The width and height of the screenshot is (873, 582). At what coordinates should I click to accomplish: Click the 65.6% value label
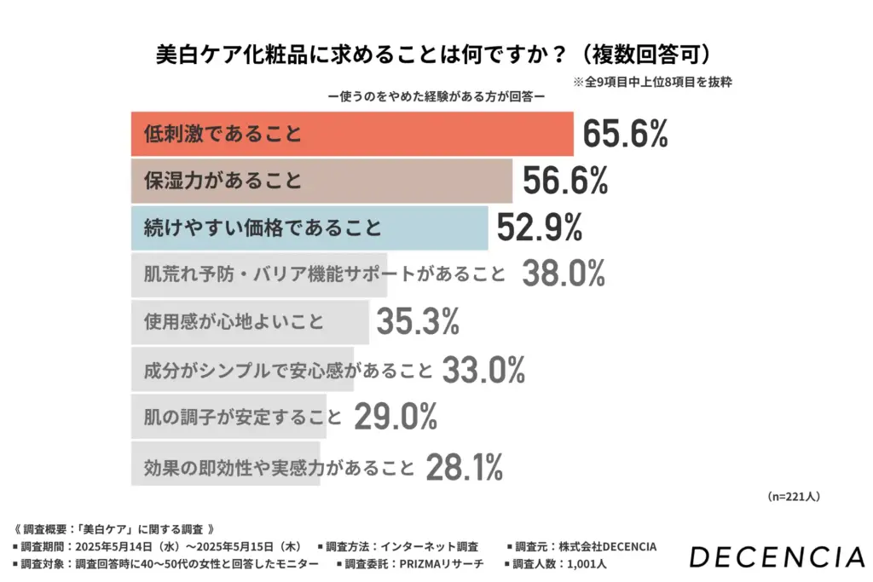(x=626, y=134)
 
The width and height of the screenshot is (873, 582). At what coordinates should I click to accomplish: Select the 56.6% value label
(x=564, y=181)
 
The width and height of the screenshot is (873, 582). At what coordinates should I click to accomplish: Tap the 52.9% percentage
(x=540, y=228)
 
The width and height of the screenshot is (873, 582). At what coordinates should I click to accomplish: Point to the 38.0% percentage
(x=564, y=274)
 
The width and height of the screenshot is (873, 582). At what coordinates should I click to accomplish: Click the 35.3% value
(x=418, y=322)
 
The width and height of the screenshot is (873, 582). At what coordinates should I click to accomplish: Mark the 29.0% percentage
(x=395, y=417)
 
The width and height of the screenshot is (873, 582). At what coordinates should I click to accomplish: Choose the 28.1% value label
(x=464, y=465)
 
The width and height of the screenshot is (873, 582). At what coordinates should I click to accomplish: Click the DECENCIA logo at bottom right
(x=776, y=557)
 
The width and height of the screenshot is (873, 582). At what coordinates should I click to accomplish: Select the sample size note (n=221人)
(x=793, y=496)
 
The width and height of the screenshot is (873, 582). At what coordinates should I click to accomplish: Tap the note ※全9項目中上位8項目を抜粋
(x=652, y=83)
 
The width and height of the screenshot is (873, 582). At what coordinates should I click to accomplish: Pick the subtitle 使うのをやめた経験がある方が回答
(x=436, y=96)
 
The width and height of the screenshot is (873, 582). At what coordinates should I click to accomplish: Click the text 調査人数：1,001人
(x=558, y=563)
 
